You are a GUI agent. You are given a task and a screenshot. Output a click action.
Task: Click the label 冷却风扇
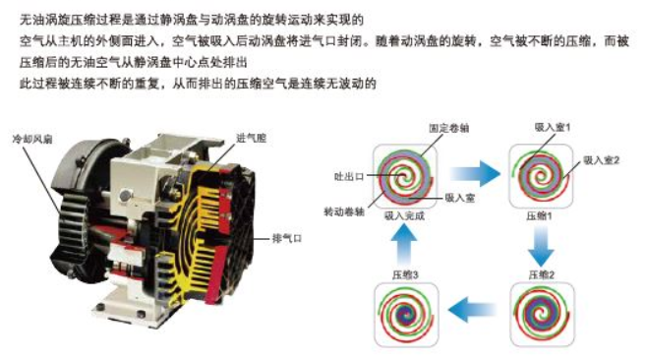pos(32,139)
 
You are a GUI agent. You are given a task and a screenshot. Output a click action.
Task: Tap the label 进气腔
pos(251,138)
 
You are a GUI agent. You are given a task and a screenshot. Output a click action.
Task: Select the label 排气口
pos(287,238)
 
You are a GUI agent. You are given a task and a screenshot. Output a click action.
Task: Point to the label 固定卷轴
pos(448,128)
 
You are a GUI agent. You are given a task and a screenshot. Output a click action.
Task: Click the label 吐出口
pos(349,176)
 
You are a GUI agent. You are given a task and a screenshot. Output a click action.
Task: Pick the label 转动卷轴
pos(344,211)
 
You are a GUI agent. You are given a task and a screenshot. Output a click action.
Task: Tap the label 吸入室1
pos(552,128)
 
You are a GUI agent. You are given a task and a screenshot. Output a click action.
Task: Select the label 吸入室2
pos(601,160)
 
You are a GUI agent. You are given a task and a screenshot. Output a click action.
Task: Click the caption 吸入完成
pos(404,215)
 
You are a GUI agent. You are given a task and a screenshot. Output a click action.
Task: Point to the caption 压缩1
pos(539,215)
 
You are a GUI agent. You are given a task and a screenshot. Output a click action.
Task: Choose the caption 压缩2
pos(542,274)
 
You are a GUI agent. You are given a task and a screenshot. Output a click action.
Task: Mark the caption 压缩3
pos(405,274)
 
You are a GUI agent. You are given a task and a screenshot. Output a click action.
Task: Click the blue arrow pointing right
pos(475,174)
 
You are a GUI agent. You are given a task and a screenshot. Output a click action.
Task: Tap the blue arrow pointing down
pos(541,246)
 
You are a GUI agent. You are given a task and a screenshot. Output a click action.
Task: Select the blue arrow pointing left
pos(472,309)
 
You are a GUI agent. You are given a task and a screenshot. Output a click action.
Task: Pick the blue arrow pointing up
pos(403,245)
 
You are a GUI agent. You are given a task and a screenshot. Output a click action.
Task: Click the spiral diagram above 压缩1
pos(541,176)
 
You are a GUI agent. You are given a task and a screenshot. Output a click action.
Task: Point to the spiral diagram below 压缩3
pos(406,315)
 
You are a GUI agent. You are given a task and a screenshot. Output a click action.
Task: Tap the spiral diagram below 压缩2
pos(542,315)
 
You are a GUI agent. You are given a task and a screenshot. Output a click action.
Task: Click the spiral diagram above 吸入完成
pos(404,176)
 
